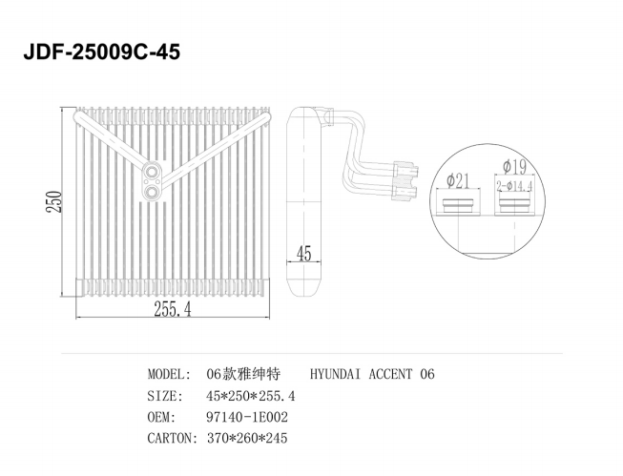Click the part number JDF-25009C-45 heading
pos(102,52)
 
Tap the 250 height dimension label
pos(54,202)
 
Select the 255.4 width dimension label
pos(173,309)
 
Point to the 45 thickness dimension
pos(304,254)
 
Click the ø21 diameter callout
pos(458,181)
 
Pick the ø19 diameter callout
pos(514,167)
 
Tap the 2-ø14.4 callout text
pos(514,186)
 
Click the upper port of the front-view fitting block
pos(152,173)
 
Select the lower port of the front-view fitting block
pos(152,193)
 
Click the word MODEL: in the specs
pos(169,374)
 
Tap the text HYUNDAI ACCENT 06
pos(372,374)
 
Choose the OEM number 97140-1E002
pos(247,417)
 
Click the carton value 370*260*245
pos(247,438)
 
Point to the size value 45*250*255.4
pos(251,396)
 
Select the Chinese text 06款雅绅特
pos(243,374)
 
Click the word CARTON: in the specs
pos(173,438)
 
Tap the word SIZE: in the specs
pos(165,396)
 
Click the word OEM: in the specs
pos(161,417)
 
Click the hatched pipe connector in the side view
pos(405,181)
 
